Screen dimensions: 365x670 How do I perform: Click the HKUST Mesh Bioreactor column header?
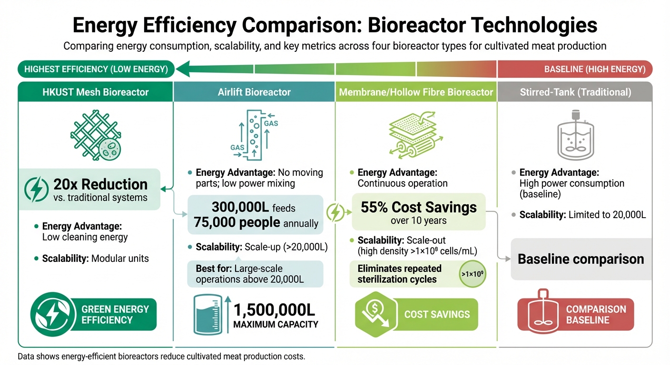click(95, 92)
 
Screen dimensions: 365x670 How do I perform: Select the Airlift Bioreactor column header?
click(255, 92)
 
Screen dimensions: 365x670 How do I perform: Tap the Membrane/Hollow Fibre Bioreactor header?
click(416, 92)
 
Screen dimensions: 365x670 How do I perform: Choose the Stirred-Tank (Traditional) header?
click(574, 92)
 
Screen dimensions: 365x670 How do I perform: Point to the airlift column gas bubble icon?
click(255, 134)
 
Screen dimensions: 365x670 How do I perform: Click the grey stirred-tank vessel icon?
click(574, 135)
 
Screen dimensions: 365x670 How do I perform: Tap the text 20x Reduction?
click(100, 184)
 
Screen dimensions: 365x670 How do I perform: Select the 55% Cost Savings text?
click(419, 208)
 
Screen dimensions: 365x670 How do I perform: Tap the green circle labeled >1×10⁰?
click(472, 274)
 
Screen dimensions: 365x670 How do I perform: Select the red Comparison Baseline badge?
click(575, 314)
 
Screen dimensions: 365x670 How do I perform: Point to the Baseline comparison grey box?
click(581, 259)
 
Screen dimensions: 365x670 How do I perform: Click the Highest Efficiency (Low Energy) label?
click(96, 69)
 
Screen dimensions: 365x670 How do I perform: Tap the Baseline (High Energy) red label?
click(574, 69)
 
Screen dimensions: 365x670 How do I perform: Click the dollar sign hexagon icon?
click(375, 314)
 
